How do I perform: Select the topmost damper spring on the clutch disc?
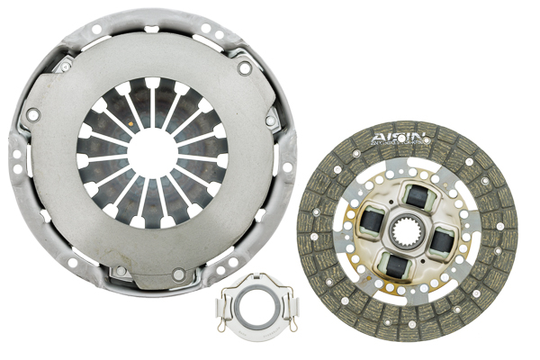click(x=417, y=193)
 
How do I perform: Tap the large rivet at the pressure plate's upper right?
click(x=245, y=68)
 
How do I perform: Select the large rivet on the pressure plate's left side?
click(x=33, y=115)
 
